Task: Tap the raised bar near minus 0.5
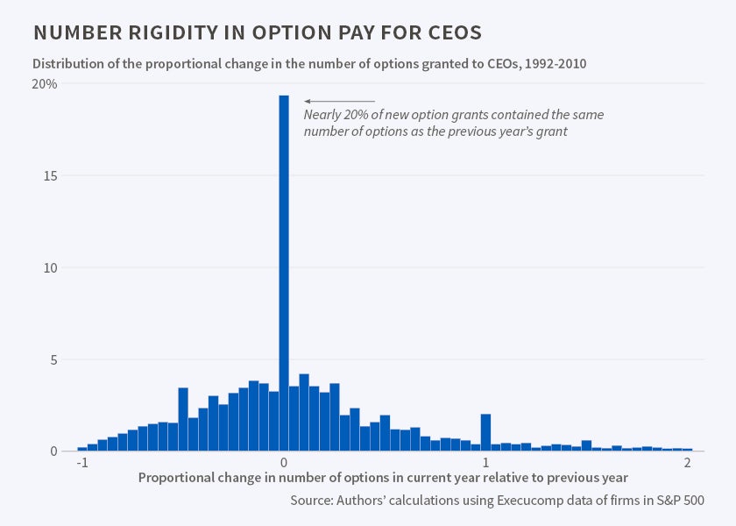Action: pyautogui.click(x=183, y=419)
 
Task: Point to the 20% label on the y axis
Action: pyautogui.click(x=45, y=84)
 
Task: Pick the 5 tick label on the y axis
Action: pyautogui.click(x=53, y=360)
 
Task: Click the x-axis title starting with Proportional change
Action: pyautogui.click(x=383, y=478)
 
